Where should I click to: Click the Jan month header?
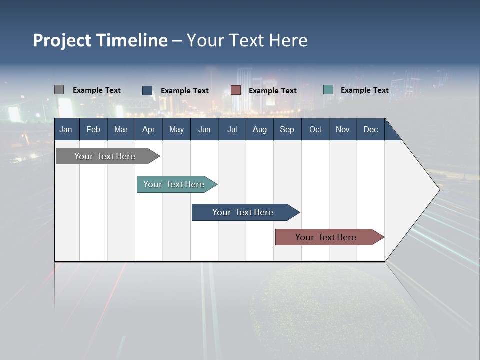tap(66, 129)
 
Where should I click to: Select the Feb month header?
tap(93, 129)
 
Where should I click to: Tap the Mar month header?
tap(121, 129)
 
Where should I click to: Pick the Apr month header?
tap(149, 129)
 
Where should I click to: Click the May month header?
tap(176, 129)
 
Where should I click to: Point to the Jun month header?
tap(204, 129)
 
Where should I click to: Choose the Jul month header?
tap(232, 129)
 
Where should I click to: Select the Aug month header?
tap(260, 129)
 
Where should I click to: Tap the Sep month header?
tap(287, 129)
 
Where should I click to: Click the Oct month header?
tap(315, 129)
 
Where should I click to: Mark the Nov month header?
tap(343, 129)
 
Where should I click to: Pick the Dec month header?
tap(371, 129)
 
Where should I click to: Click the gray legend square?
tap(59, 90)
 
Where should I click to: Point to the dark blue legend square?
tap(147, 90)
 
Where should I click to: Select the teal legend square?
tap(328, 90)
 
